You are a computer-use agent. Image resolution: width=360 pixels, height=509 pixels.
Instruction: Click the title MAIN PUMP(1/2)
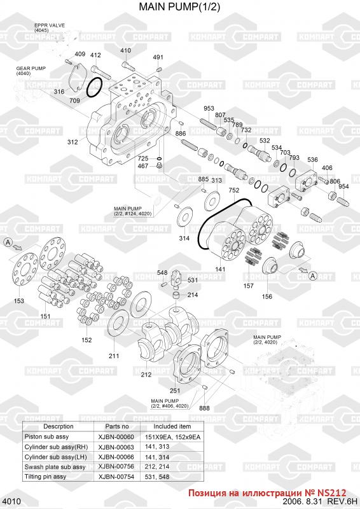(x=179, y=7)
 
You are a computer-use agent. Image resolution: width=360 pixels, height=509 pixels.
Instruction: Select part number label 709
(x=74, y=101)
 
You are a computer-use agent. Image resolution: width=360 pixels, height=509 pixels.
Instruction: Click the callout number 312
(x=73, y=142)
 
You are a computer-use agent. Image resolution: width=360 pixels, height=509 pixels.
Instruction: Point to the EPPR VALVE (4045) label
(x=50, y=27)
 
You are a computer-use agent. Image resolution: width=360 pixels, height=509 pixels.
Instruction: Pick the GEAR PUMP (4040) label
(x=31, y=71)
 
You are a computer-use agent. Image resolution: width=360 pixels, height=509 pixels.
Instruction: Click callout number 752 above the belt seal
(x=233, y=190)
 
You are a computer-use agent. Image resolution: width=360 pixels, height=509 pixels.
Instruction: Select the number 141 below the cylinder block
(x=220, y=269)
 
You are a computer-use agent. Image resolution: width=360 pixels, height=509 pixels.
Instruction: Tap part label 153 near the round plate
(x=19, y=301)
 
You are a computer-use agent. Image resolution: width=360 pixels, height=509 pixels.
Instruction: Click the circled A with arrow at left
(x=8, y=242)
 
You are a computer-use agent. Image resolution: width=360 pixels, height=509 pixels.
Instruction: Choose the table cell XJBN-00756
(x=116, y=466)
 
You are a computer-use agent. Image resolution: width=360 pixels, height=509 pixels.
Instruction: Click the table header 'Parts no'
(x=117, y=426)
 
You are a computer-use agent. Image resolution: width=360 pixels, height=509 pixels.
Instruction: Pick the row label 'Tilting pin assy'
(x=45, y=477)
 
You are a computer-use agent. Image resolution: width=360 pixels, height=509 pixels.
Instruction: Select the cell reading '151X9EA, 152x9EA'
(x=172, y=437)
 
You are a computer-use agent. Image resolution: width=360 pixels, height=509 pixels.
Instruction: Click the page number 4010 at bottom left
(x=13, y=501)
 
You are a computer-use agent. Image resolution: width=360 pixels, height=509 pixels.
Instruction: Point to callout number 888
(x=205, y=408)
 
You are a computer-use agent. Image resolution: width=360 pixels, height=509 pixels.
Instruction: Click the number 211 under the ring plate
(x=114, y=356)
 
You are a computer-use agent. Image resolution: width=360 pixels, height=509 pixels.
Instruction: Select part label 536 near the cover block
(x=312, y=160)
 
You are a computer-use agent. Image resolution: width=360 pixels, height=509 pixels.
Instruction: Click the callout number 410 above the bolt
(x=126, y=50)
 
